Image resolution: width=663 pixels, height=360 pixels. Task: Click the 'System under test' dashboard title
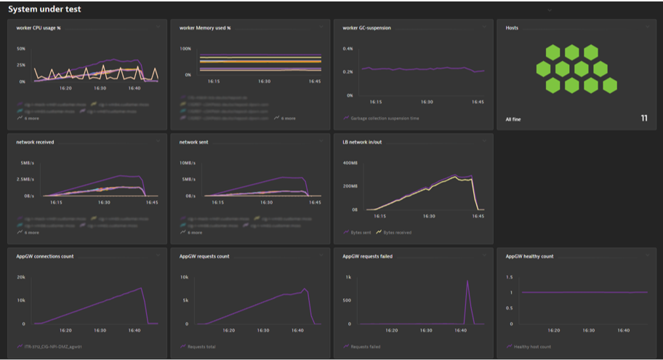click(x=44, y=9)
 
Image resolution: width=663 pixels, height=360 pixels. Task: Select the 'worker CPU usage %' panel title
click(x=39, y=28)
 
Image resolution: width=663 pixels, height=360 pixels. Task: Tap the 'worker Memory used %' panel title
click(x=205, y=28)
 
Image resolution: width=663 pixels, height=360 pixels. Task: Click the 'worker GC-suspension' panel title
click(x=366, y=28)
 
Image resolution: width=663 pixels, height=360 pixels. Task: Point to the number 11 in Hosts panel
click(x=643, y=118)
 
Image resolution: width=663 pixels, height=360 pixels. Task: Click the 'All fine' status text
click(x=513, y=119)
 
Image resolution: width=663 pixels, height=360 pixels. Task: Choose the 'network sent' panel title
click(x=195, y=142)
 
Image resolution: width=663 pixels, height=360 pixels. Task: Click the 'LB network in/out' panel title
click(x=362, y=142)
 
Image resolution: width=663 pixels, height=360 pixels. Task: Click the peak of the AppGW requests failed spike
click(x=467, y=281)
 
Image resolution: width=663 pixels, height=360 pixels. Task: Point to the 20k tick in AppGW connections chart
click(x=21, y=277)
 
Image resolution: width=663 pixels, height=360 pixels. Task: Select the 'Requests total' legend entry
click(x=202, y=347)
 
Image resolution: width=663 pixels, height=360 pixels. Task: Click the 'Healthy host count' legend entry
click(x=533, y=347)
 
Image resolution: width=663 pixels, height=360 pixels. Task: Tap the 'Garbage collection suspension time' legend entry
click(x=385, y=118)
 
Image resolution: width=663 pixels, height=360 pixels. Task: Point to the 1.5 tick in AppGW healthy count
click(x=509, y=277)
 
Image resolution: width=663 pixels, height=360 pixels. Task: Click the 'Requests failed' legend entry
click(x=365, y=347)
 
